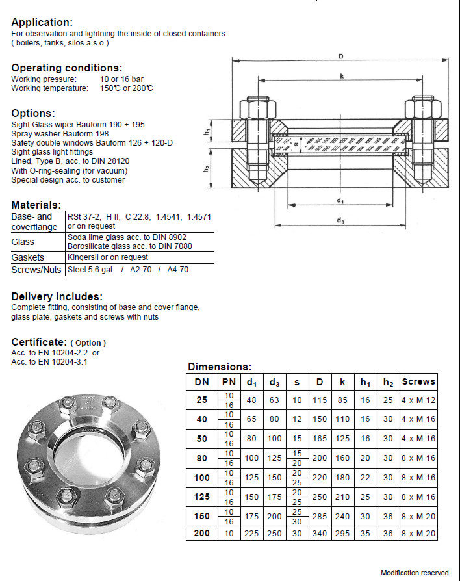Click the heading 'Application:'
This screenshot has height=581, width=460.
point(42,23)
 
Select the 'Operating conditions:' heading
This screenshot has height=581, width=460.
point(67,68)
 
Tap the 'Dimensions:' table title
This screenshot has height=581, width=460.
point(219,367)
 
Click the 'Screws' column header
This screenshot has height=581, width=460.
point(418,381)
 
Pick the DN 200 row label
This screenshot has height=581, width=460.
point(201,534)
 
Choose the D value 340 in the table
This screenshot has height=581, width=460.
point(320,534)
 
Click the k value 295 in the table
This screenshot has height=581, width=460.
point(342,534)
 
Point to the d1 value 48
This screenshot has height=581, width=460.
point(251,400)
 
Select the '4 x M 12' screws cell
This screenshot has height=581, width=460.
point(418,400)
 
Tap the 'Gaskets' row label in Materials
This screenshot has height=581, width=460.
point(28,257)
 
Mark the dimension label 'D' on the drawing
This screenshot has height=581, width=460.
point(340,57)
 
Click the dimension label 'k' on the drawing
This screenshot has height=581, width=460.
point(341,76)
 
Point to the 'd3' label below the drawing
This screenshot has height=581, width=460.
point(340,221)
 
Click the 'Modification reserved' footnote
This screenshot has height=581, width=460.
point(414,573)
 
